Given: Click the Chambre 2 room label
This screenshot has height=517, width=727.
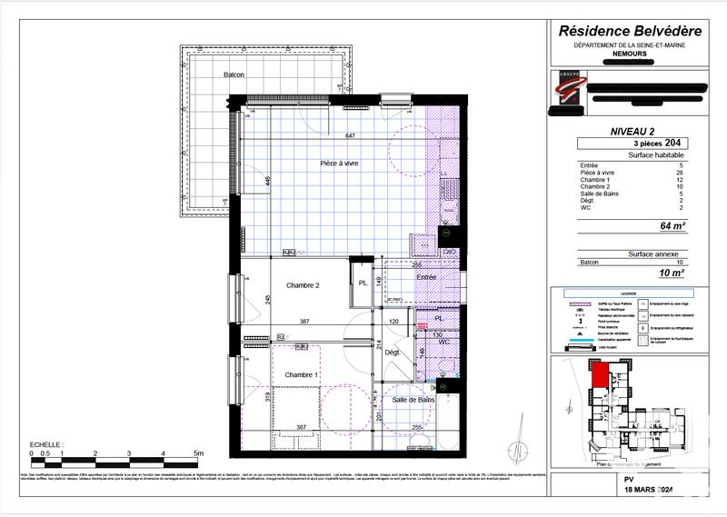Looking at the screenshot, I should (x=303, y=285).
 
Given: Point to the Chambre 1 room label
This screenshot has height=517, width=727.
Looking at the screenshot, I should (x=301, y=374).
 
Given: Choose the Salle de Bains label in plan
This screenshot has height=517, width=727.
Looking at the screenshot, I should (x=413, y=400).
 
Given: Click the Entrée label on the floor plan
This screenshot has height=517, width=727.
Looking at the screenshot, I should (x=426, y=277).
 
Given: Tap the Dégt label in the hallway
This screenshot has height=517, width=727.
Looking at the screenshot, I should (x=392, y=352).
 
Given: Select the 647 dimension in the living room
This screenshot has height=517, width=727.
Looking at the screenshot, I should (x=350, y=135).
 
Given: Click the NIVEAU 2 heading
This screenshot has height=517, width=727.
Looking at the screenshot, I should (x=634, y=132).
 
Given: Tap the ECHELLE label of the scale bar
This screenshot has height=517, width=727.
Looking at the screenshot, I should (x=47, y=443).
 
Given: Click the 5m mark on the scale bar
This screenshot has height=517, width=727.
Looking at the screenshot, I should (x=199, y=452).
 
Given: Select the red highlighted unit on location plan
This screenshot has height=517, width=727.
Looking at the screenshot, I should (x=600, y=374).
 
